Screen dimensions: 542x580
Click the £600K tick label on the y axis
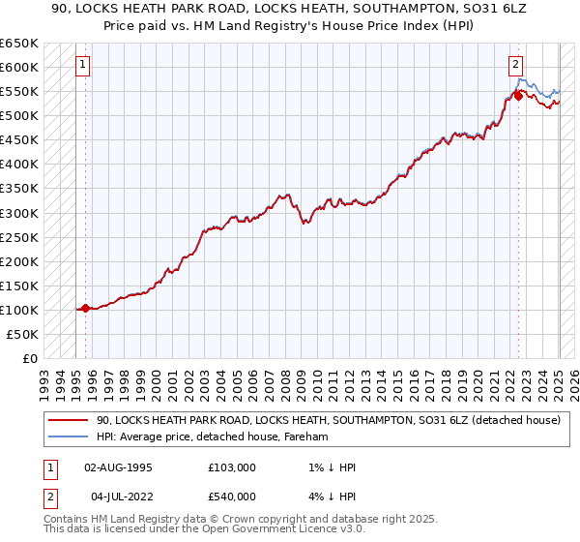tap(18, 67)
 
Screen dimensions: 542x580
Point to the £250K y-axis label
tap(18, 237)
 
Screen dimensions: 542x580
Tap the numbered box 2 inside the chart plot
tap(516, 65)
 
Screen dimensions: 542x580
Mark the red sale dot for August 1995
tap(85, 308)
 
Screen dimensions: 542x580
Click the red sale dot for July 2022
tap(519, 96)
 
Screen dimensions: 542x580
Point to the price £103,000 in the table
tap(232, 467)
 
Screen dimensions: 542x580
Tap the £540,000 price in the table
tap(232, 497)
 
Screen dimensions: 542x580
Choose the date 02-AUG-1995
tap(119, 467)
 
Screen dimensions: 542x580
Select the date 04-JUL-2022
tap(118, 497)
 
